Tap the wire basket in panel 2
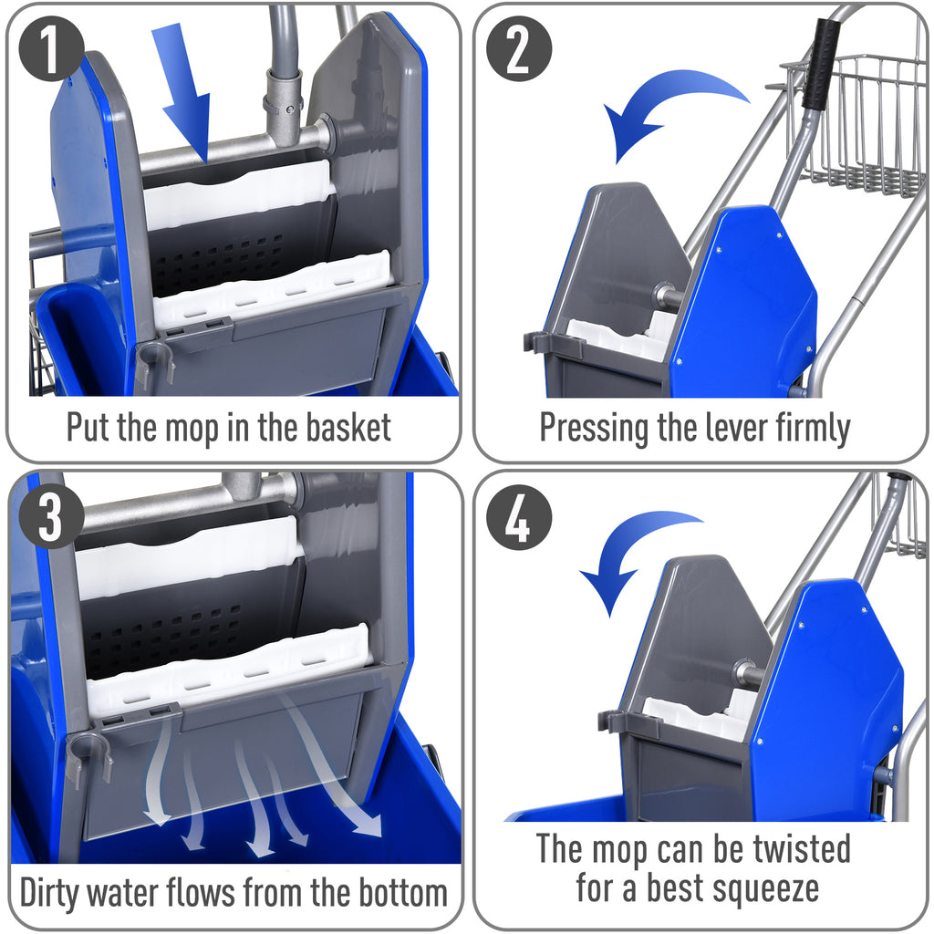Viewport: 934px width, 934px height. [853, 123]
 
